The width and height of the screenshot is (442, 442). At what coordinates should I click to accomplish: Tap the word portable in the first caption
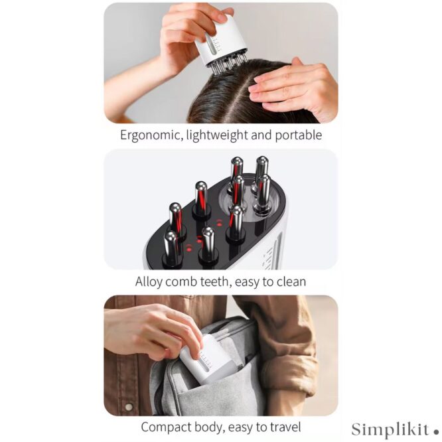[x=299, y=135]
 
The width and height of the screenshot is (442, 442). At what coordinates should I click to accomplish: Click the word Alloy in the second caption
[x=149, y=282]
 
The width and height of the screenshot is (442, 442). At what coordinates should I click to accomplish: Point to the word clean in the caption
[x=291, y=281]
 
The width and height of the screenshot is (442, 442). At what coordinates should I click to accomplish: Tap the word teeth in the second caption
[x=214, y=281]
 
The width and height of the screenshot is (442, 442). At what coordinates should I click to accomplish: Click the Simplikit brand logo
[x=394, y=429]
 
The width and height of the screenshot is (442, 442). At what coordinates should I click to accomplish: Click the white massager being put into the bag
[x=205, y=360]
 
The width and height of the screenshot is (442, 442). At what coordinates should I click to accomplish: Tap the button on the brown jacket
[x=129, y=407]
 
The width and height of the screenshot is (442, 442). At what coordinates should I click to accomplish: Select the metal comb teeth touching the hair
[x=229, y=65]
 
